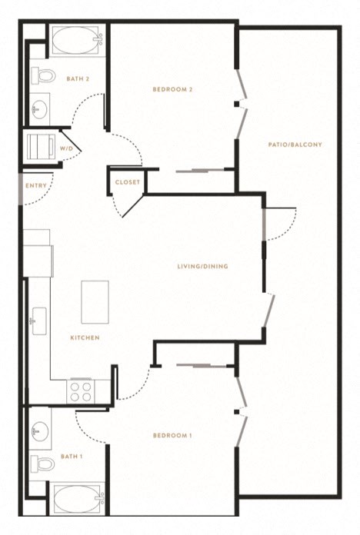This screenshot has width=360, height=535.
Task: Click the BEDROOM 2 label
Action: point(172,89)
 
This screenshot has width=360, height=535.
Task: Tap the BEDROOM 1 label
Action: point(172,435)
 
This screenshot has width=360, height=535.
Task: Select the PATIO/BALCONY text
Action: point(295,145)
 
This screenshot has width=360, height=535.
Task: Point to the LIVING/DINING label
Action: point(202,266)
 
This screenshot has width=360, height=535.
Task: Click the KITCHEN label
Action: point(85,337)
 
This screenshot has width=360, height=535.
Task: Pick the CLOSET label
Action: point(128,182)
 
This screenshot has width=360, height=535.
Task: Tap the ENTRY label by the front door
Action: point(36,185)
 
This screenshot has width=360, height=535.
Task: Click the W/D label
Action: point(66,149)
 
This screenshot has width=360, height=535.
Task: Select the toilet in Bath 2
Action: point(43,75)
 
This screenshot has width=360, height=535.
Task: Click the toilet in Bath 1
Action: point(43,464)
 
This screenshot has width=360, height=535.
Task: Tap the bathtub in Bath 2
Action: point(78,40)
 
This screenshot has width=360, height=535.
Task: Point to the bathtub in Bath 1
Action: point(78,499)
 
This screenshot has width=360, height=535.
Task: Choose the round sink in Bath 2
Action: point(39,109)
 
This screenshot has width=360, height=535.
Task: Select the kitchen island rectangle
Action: point(95,302)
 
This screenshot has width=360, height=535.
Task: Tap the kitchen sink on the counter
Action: point(39,321)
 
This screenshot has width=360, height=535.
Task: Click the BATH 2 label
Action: point(78,79)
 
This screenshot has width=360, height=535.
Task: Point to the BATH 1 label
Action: point(72,457)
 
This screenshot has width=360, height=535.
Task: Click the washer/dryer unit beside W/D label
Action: point(41,146)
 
